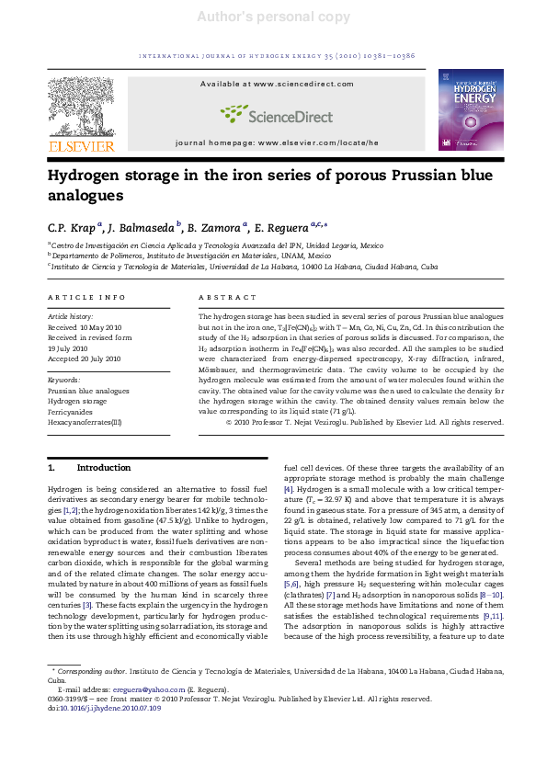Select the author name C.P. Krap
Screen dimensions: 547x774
74,227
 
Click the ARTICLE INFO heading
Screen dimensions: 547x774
86,298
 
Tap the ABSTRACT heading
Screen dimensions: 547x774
228,298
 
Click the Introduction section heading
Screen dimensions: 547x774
103,467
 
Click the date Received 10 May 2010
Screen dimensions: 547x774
85,326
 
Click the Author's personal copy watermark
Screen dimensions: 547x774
273,17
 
